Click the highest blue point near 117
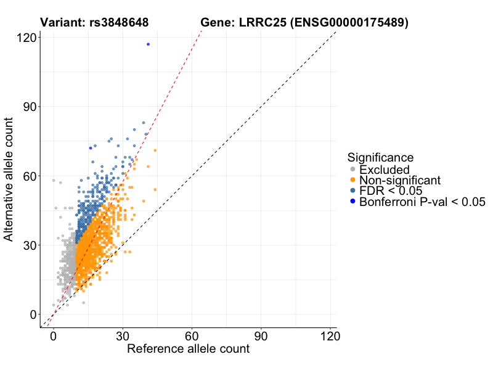pos(148,44)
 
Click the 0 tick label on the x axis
pos(54,337)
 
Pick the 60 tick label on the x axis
pos(192,337)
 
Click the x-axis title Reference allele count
pos(188,349)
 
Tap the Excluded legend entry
pos(384,169)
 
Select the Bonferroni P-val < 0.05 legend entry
pos(422,202)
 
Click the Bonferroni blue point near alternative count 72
pos(91,148)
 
